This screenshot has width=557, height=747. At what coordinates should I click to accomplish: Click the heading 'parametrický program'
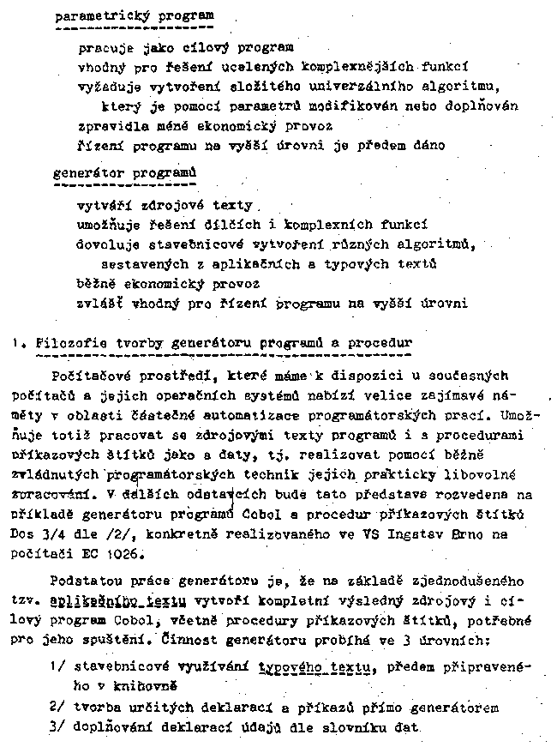coord(135,16)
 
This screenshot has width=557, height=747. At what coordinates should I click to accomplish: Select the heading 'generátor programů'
coord(124,172)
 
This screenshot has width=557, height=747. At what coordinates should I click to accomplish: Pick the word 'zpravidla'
coord(109,125)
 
